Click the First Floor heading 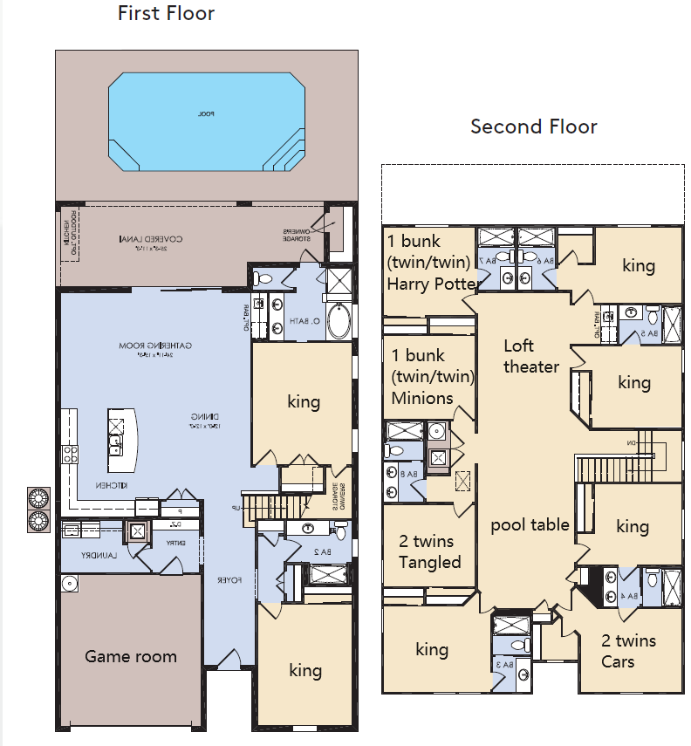(166, 13)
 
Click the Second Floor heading (533, 127)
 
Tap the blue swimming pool (206, 123)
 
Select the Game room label (131, 656)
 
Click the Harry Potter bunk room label (432, 263)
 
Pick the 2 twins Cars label (628, 651)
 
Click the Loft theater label (530, 356)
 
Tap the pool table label (530, 524)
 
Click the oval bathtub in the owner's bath (339, 322)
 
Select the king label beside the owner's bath (304, 401)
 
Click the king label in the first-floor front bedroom (305, 670)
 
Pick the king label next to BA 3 (432, 649)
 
